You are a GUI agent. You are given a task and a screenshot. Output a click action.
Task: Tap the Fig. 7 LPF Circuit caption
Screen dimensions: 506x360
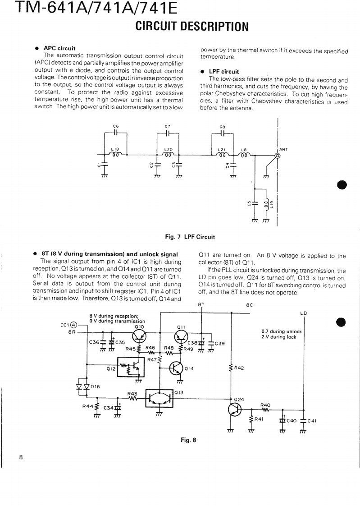[x=190, y=237]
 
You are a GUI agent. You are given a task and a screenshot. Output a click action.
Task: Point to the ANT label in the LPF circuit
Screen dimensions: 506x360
[x=283, y=149]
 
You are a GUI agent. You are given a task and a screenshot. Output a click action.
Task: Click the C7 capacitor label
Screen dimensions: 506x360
[x=167, y=126]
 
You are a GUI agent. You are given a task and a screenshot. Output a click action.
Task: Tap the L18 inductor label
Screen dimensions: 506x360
[x=115, y=149]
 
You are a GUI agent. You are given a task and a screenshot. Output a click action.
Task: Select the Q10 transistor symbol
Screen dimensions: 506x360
[x=140, y=335]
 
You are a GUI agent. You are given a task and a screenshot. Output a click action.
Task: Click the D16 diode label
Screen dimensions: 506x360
[x=95, y=386]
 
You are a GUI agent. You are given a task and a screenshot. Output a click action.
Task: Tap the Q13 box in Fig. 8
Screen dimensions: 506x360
[x=159, y=397]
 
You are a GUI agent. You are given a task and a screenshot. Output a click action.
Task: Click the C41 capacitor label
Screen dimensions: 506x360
[x=312, y=421]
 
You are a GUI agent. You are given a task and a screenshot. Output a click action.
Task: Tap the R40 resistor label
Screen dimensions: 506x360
[x=265, y=405]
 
